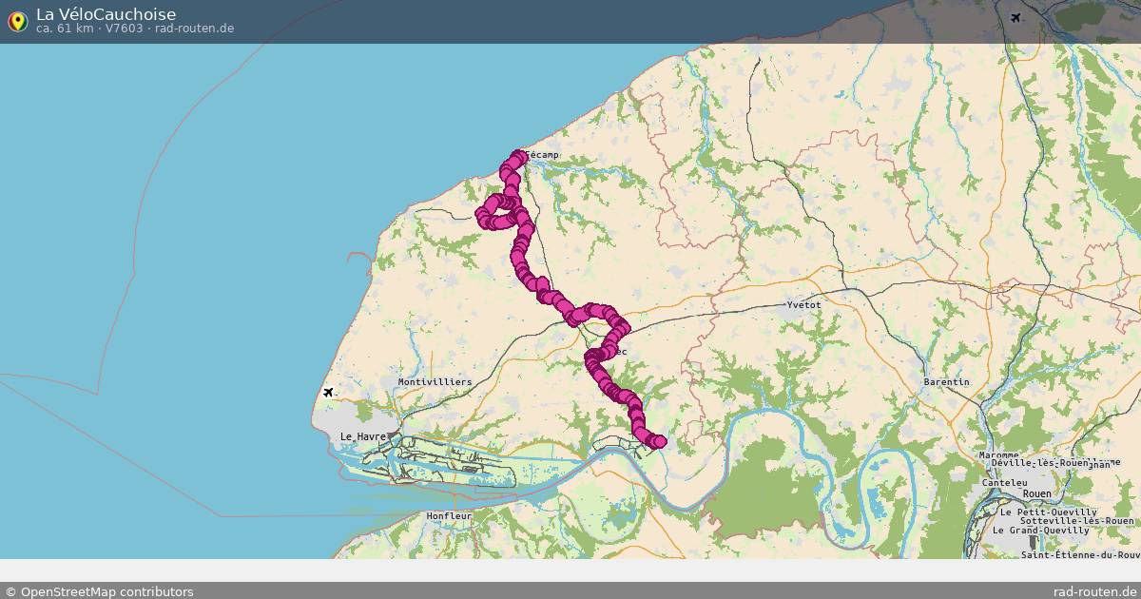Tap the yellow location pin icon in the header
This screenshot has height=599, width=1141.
click(17, 20)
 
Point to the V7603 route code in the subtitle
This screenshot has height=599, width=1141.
click(126, 29)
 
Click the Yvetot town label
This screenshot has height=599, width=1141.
click(803, 304)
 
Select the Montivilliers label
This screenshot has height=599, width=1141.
click(435, 381)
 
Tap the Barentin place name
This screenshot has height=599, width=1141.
click(946, 381)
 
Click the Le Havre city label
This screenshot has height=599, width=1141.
click(363, 436)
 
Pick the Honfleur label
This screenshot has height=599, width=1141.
click(450, 515)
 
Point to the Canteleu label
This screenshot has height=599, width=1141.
click(1004, 483)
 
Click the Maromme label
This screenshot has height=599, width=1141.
click(999, 455)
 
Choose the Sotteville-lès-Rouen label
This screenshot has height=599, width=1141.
click(1076, 521)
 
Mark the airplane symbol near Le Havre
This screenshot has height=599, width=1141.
click(329, 393)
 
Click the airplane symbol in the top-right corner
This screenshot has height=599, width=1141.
click(1015, 18)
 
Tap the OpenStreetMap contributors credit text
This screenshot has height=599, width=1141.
click(99, 591)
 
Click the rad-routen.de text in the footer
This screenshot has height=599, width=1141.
click(1094, 591)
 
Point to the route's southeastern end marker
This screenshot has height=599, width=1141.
click(659, 441)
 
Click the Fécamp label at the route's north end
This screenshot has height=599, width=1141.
click(542, 155)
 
